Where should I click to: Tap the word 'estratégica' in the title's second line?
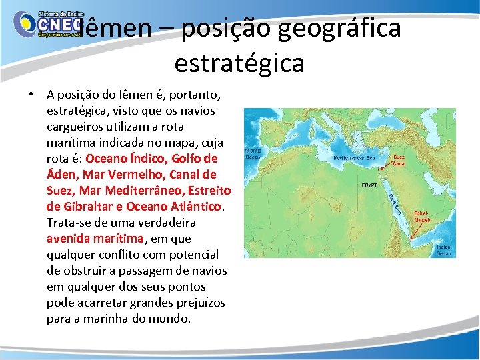pyautogui.click(x=239, y=63)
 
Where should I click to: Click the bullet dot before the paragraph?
pyautogui.click(x=31, y=94)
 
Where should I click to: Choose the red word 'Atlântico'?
pyautogui.click(x=192, y=207)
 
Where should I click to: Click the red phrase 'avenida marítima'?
pyautogui.click(x=95, y=238)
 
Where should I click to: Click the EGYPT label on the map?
pyautogui.click(x=369, y=185)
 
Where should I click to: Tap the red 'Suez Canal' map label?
pyautogui.click(x=399, y=161)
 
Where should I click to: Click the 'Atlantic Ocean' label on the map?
pyautogui.click(x=253, y=155)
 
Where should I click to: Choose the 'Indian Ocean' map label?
pyautogui.click(x=443, y=250)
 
